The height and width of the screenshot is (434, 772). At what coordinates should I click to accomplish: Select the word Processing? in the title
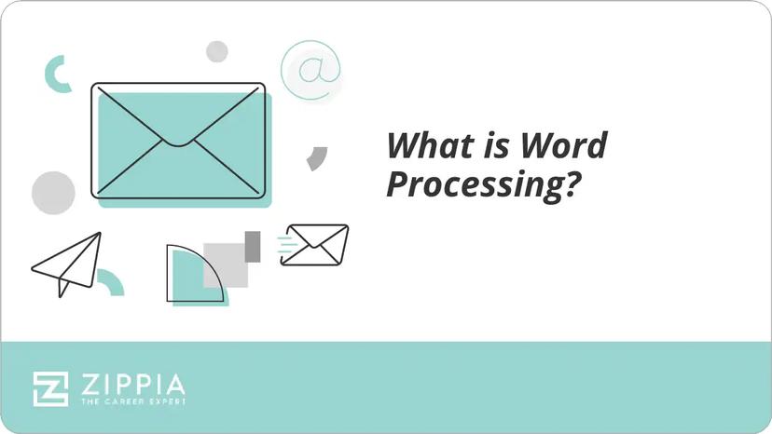pos(478,184)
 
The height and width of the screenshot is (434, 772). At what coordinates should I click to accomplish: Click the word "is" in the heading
pos(490,147)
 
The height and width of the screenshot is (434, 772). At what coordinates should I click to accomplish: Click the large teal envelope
pos(178,141)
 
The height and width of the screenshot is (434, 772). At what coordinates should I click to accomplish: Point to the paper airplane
pos(67,263)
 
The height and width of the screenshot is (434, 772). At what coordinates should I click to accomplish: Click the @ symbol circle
pos(310,71)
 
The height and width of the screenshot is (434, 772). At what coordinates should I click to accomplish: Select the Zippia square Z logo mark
pos(50,388)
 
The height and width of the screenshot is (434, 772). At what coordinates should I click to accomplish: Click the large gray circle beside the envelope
pos(53,193)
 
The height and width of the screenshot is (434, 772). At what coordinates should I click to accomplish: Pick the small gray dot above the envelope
pos(217,51)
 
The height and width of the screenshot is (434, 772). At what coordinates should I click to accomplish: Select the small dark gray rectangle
pos(252,246)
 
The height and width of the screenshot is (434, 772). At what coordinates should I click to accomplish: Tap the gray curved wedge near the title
pos(317,159)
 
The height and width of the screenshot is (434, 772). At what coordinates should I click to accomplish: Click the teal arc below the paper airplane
pos(112,282)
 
